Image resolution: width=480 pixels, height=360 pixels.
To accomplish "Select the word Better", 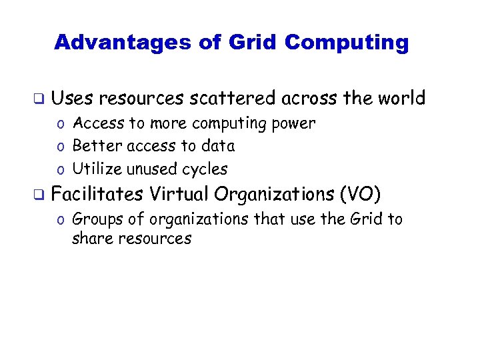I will [x=95, y=146].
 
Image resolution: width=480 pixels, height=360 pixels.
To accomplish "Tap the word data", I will [x=219, y=146].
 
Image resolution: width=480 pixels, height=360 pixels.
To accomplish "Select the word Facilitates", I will [x=97, y=194].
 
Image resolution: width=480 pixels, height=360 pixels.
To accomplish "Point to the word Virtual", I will [x=179, y=194].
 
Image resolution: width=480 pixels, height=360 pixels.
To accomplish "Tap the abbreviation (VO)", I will [x=360, y=195].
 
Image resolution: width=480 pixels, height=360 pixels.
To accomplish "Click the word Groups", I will [x=97, y=219].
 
